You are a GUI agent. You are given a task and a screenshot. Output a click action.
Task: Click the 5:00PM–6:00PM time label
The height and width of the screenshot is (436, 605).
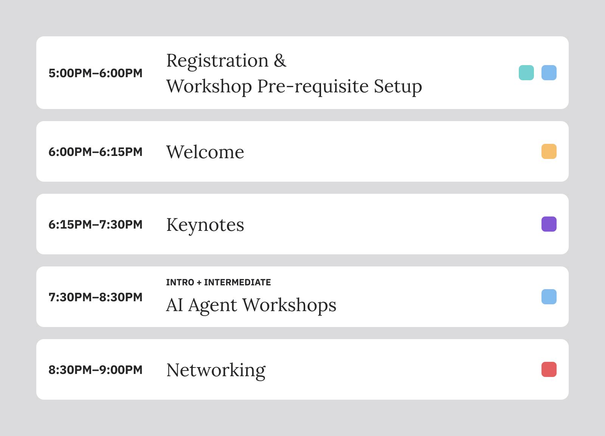coord(95,73)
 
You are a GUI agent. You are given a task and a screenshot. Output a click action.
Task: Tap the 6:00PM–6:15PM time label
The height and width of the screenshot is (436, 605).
coord(95,152)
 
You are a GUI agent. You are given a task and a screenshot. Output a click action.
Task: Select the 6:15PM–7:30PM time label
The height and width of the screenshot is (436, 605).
coord(95,224)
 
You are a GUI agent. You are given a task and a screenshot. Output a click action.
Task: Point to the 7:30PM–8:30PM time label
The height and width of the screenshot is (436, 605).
coord(95,297)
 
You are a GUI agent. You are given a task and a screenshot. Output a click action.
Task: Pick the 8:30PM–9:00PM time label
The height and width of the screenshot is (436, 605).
coord(95,370)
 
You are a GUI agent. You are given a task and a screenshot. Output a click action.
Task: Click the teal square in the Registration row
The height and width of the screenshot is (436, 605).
coord(526,73)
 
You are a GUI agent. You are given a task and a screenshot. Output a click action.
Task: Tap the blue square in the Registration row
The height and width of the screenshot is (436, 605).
coord(549,73)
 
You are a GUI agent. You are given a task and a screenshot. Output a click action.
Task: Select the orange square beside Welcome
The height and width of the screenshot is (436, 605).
coord(549,151)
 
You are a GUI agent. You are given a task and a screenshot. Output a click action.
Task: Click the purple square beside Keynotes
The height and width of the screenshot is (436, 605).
coord(549,224)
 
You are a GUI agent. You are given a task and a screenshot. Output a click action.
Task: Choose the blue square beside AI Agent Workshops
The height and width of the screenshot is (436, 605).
coord(549,297)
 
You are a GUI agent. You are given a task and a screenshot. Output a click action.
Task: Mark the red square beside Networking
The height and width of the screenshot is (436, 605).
coord(549,369)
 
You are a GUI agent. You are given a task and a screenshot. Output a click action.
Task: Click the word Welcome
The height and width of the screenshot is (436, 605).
coord(205,152)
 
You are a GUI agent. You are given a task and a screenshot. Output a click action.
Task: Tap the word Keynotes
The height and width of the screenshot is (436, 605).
coord(205,225)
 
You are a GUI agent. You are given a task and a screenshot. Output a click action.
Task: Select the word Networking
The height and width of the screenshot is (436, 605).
coord(216,371)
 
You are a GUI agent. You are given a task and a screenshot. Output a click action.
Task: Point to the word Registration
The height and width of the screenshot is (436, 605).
coord(217,61)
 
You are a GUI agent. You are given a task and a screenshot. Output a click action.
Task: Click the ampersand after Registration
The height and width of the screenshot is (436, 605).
coord(280,61)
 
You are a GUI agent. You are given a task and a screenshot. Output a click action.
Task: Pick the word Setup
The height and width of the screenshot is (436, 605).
coord(398,87)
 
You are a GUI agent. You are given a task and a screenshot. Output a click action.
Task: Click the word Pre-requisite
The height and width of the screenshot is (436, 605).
coord(313,87)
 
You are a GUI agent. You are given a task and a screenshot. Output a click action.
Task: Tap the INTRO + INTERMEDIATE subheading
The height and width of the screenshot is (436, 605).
coord(218,282)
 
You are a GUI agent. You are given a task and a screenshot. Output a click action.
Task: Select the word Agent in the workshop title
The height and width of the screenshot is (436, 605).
coord(213,306)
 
